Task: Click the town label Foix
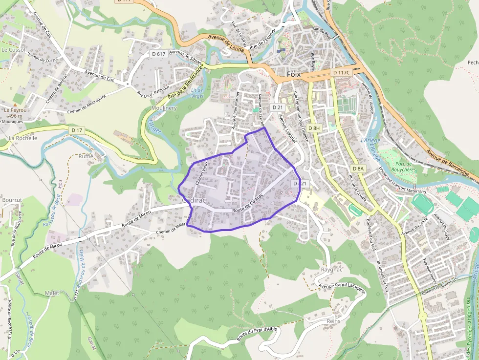[293, 74]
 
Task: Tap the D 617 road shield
[158, 54]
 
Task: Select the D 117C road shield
[341, 72]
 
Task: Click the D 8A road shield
[358, 169]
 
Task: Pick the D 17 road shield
[77, 130]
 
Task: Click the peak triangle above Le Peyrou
[15, 105]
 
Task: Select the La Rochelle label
[23, 138]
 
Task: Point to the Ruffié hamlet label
[86, 156]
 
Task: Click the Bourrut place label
[12, 200]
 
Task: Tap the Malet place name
[52, 293]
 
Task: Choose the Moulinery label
[164, 108]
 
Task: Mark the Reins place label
[333, 321]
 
